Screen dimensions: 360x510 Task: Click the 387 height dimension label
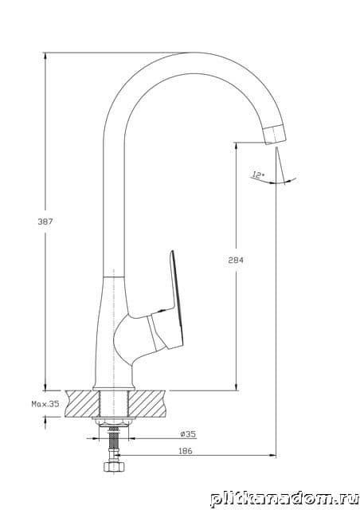pyautogui.click(x=45, y=222)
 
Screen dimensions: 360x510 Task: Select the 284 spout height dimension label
pyautogui.click(x=236, y=261)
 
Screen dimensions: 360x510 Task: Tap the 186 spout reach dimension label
pyautogui.click(x=186, y=451)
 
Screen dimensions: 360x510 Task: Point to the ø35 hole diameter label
pyautogui.click(x=188, y=433)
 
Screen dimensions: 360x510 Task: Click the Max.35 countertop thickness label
pyautogui.click(x=45, y=404)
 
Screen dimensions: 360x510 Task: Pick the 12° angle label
pyautogui.click(x=258, y=175)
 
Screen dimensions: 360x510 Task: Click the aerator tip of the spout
pyautogui.click(x=275, y=135)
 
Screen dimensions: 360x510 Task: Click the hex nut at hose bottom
pyautogui.click(x=114, y=466)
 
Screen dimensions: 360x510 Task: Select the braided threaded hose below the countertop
pyautogui.click(x=113, y=443)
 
